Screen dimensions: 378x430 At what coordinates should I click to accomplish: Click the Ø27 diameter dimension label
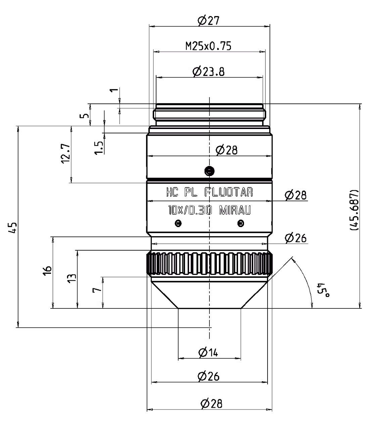click(208, 21)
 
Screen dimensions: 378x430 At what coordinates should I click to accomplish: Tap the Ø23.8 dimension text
click(208, 72)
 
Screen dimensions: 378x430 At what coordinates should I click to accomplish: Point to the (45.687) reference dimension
click(353, 210)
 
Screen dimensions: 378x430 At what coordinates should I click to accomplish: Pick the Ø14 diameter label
click(208, 352)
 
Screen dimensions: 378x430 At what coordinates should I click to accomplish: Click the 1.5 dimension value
click(99, 148)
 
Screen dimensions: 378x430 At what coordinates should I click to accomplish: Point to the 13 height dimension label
click(72, 278)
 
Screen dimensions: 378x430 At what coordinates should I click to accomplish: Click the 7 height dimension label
click(97, 290)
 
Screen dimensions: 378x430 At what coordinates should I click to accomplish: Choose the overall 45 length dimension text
click(12, 228)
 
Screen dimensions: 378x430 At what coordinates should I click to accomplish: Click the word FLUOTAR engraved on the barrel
click(229, 192)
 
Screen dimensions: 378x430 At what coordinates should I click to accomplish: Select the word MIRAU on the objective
click(235, 210)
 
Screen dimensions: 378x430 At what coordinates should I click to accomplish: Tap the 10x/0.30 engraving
click(190, 210)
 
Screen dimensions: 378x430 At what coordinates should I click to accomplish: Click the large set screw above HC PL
click(209, 171)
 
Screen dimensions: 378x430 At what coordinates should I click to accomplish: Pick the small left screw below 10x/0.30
click(178, 223)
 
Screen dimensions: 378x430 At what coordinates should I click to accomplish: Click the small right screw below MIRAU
click(241, 223)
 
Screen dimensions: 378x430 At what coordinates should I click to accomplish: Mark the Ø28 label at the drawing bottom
click(211, 404)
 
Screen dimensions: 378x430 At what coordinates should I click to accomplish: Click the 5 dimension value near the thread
click(86, 116)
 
